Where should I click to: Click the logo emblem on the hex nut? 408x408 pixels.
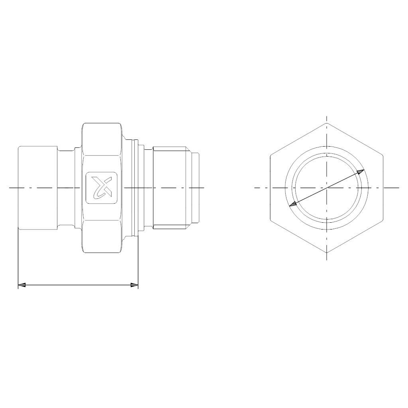click(x=102, y=187)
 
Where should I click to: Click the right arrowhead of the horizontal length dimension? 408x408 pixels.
click(x=135, y=285)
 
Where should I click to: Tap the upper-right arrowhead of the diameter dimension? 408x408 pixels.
click(x=360, y=172)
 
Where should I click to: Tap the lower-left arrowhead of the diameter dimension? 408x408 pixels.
click(x=293, y=204)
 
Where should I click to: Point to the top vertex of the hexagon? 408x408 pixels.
click(x=327, y=123)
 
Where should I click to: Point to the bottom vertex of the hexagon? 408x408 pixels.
click(x=327, y=253)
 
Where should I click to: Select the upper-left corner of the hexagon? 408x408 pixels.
click(x=270, y=155)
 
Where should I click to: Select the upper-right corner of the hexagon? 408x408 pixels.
click(x=383, y=155)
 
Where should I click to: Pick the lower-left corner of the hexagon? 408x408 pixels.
click(x=270, y=220)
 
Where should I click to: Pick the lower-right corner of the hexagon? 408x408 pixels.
click(x=383, y=220)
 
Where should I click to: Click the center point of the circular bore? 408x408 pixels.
click(x=327, y=187)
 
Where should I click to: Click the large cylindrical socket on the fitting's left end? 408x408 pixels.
click(x=38, y=187)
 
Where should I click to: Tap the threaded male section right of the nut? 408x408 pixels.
click(x=169, y=187)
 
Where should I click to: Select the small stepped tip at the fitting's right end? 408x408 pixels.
click(x=195, y=187)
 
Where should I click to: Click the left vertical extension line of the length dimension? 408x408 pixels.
click(x=18, y=259)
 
